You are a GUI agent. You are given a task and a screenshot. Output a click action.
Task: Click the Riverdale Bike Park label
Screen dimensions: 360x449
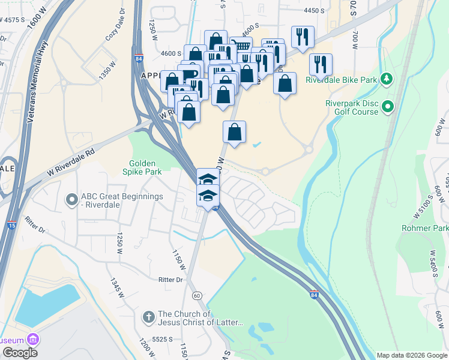tap(341, 80)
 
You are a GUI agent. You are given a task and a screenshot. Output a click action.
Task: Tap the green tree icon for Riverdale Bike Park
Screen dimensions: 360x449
tap(387, 79)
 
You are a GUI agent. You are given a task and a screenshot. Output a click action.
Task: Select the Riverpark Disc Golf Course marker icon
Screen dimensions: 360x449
tap(388, 107)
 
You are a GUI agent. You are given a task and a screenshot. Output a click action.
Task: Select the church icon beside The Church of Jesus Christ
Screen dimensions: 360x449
tap(148, 316)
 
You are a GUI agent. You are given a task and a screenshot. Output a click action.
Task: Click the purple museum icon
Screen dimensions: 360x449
tap(34, 340)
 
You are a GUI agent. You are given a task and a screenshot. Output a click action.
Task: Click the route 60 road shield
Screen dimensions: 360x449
tap(196, 296)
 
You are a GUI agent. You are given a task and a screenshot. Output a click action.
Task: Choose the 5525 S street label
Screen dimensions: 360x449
tap(162, 339)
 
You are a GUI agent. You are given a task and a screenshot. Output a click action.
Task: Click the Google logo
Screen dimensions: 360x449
tap(20, 353)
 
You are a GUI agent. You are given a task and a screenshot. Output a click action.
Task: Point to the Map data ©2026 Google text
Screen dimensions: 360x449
tap(411, 355)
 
